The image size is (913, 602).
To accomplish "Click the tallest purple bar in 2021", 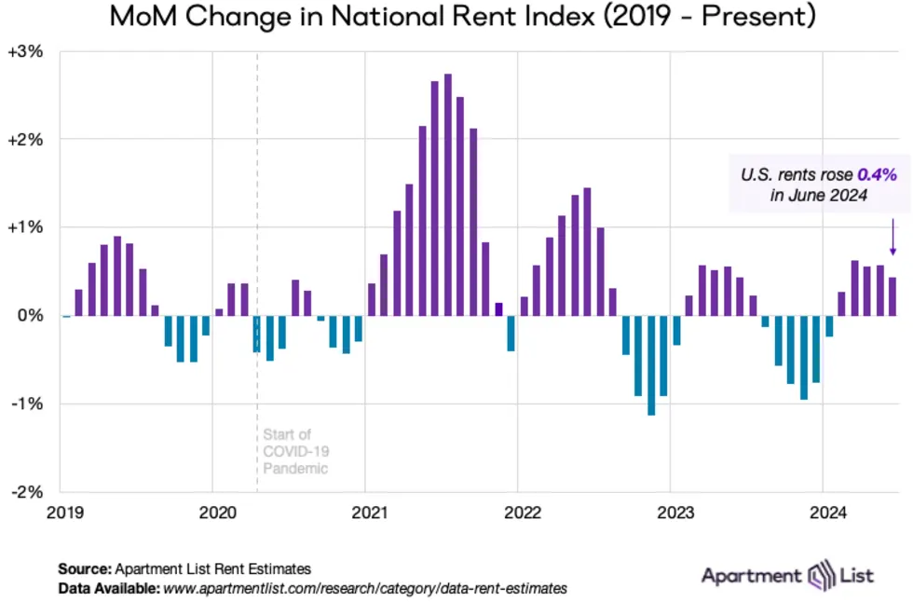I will coord(447,195).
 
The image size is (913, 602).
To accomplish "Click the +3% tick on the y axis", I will coord(25,52).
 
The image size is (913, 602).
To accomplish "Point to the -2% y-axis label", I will coord(25,491).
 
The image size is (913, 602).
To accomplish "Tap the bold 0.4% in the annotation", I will coord(877,173).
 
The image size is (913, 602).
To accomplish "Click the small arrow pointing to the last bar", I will coord(892,237).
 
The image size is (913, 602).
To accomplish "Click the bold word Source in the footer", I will coord(84,568).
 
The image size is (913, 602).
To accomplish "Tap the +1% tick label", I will coord(25,227).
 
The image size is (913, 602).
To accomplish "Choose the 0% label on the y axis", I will coord(32,316).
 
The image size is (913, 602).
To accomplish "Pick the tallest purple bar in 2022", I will coord(587,253).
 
